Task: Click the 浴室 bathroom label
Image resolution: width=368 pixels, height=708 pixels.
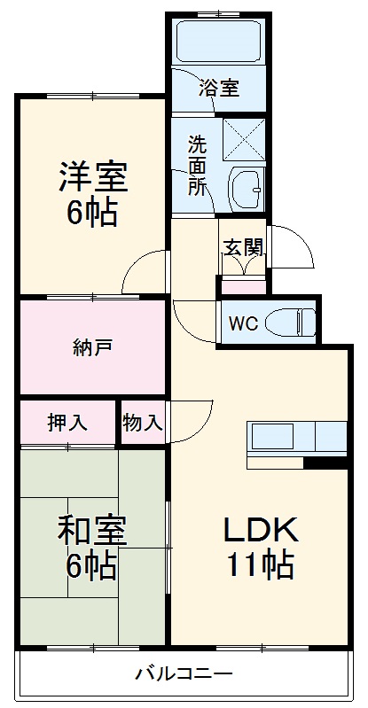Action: tap(219, 88)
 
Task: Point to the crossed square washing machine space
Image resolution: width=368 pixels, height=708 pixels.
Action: tap(245, 138)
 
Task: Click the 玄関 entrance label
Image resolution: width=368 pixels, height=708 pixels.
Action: tap(243, 247)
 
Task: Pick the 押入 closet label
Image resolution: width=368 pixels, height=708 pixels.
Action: tap(68, 423)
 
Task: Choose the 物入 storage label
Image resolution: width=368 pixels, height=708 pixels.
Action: tap(143, 423)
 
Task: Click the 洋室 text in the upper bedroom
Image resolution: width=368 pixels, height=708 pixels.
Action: tap(93, 178)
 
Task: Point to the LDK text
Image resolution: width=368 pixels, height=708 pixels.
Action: tap(258, 530)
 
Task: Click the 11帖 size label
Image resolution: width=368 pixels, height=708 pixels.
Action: tap(258, 564)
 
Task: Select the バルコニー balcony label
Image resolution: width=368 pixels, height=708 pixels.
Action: tap(184, 674)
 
